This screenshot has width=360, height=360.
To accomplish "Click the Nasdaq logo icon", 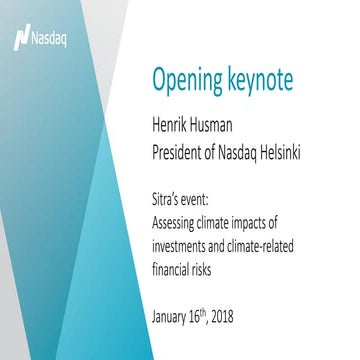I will point(19,38).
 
